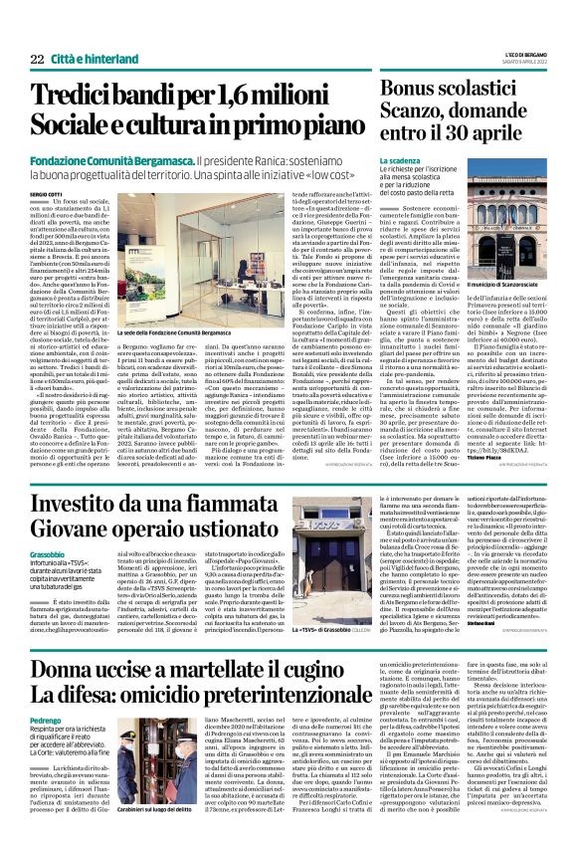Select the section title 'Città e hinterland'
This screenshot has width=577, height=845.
(91, 61)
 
